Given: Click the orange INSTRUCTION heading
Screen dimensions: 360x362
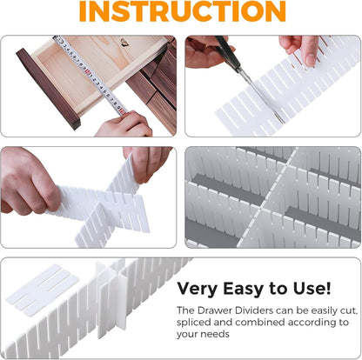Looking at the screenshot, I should pos(181,12).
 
